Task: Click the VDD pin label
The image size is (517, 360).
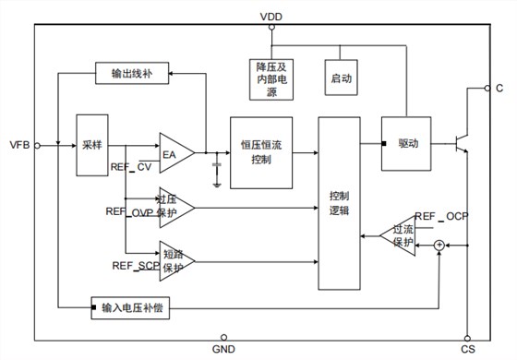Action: [272, 16]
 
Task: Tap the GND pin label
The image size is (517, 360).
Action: [224, 350]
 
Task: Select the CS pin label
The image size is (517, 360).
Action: [468, 350]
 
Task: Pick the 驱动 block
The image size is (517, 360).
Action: [407, 144]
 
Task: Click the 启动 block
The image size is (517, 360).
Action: [341, 80]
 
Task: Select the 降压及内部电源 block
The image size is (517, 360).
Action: [272, 79]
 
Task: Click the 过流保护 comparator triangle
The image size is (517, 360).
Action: [398, 234]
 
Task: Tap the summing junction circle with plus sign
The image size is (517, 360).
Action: [439, 244]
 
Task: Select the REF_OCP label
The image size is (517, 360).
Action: [442, 217]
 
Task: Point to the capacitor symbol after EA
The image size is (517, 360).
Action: [216, 166]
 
